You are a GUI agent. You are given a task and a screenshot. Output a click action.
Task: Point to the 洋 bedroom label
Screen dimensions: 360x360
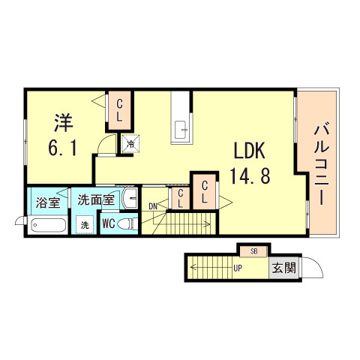pos(61,120)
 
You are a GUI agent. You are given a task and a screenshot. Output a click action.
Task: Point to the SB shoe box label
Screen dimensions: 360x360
pos(253,251)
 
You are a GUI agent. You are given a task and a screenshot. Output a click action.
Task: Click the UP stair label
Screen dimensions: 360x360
pos(237,268)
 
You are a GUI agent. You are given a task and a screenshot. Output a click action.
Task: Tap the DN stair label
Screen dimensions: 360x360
pos(153,205)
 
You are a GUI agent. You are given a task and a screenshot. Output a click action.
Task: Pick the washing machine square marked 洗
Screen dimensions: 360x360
pos(85,224)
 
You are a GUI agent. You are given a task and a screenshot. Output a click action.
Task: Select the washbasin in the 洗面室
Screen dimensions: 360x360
pos(129,199)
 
